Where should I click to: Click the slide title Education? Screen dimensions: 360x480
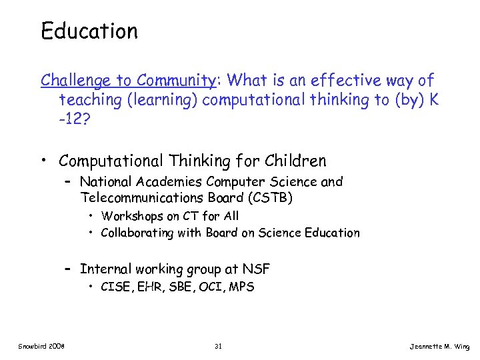[x=89, y=31]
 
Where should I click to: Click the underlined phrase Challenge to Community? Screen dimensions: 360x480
[x=127, y=81]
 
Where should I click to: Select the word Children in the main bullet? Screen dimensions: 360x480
[x=296, y=161]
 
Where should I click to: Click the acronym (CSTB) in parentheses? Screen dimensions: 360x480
[x=269, y=198]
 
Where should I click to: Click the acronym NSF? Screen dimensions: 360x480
[x=257, y=269]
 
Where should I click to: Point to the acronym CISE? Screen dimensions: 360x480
[x=114, y=287]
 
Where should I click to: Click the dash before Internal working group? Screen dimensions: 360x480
[x=68, y=269]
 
